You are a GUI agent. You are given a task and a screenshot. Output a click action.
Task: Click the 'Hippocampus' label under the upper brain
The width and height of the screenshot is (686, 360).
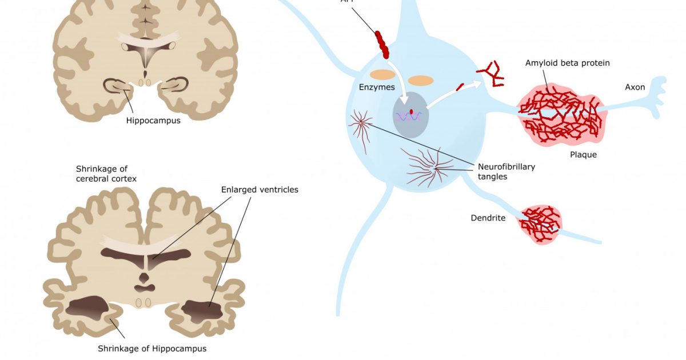(x=153, y=121)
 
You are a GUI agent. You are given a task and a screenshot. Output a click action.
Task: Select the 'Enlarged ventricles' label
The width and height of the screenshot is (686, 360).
(x=260, y=189)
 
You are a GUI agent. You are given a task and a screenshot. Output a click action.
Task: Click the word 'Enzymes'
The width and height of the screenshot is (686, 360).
(x=376, y=87)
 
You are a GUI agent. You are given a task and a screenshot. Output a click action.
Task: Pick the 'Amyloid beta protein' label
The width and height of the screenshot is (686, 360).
(x=567, y=63)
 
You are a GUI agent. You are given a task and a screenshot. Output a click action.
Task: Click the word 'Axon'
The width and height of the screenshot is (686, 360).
(x=635, y=87)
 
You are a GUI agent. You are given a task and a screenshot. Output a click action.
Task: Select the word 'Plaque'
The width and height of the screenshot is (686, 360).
(x=583, y=154)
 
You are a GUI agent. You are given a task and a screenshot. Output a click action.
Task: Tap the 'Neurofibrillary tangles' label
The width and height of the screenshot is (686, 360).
(x=506, y=171)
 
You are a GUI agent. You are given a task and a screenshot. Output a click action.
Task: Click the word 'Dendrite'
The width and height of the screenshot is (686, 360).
(x=488, y=218)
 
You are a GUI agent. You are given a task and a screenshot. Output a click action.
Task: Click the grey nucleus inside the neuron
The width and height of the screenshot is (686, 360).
(x=410, y=115)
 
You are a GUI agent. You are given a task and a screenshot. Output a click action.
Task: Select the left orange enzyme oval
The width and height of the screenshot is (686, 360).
(x=382, y=74)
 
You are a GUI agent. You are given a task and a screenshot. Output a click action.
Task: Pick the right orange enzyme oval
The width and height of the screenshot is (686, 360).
(x=421, y=81)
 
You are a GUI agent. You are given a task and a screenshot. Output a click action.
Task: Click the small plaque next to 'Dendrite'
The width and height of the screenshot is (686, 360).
(x=540, y=224)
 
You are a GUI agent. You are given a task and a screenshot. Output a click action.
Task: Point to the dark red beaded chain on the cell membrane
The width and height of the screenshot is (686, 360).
(x=382, y=45)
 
